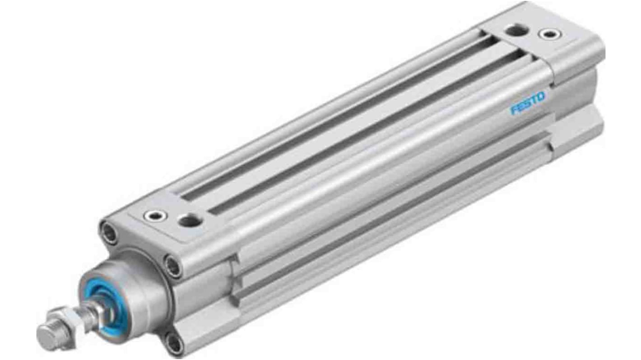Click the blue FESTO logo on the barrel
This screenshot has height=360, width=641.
click(x=528, y=103)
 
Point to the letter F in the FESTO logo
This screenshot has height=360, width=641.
click(x=514, y=110)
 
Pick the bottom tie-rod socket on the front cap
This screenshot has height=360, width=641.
click(x=174, y=344)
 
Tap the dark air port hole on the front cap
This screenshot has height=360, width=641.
click(x=186, y=221)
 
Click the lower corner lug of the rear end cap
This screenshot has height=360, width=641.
click(x=578, y=131)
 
